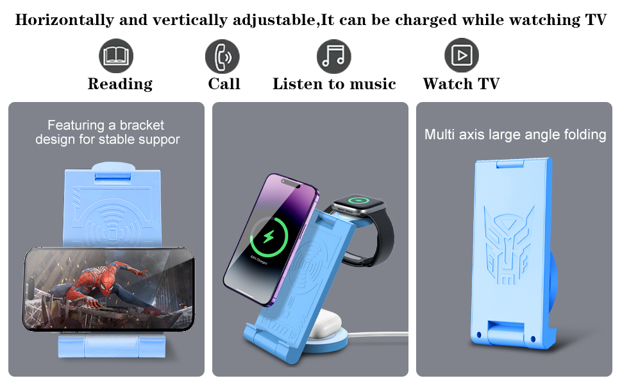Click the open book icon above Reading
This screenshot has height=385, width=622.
click(x=116, y=56)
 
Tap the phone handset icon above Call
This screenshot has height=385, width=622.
click(x=223, y=56)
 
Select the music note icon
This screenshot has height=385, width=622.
click(x=334, y=56)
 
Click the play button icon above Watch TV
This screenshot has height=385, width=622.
click(x=461, y=56)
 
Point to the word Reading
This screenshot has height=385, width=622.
click(x=120, y=84)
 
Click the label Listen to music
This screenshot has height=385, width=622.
click(x=334, y=84)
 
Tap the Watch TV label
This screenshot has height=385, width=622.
click(x=461, y=84)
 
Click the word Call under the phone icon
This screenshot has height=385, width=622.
click(x=224, y=84)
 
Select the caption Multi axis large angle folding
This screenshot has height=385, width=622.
click(x=515, y=135)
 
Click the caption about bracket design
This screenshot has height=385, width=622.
click(x=107, y=132)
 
